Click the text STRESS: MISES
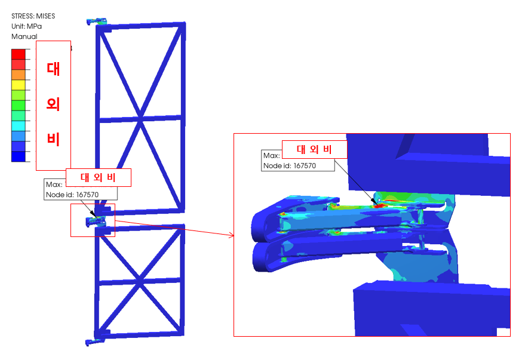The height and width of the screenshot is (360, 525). click(x=33, y=16)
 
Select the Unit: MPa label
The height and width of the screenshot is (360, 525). click(x=26, y=26)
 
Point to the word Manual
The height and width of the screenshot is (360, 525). click(x=24, y=36)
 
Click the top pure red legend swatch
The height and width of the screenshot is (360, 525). click(x=19, y=54)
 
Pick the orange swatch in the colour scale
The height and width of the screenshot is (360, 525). click(x=19, y=75)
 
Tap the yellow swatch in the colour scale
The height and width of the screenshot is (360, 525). click(x=19, y=85)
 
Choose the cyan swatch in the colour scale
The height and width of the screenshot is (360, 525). click(x=19, y=126)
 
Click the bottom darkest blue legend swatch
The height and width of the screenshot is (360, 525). click(x=19, y=156)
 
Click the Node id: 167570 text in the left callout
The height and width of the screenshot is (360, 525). click(x=72, y=195)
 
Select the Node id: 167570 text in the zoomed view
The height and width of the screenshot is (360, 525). click(x=290, y=165)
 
